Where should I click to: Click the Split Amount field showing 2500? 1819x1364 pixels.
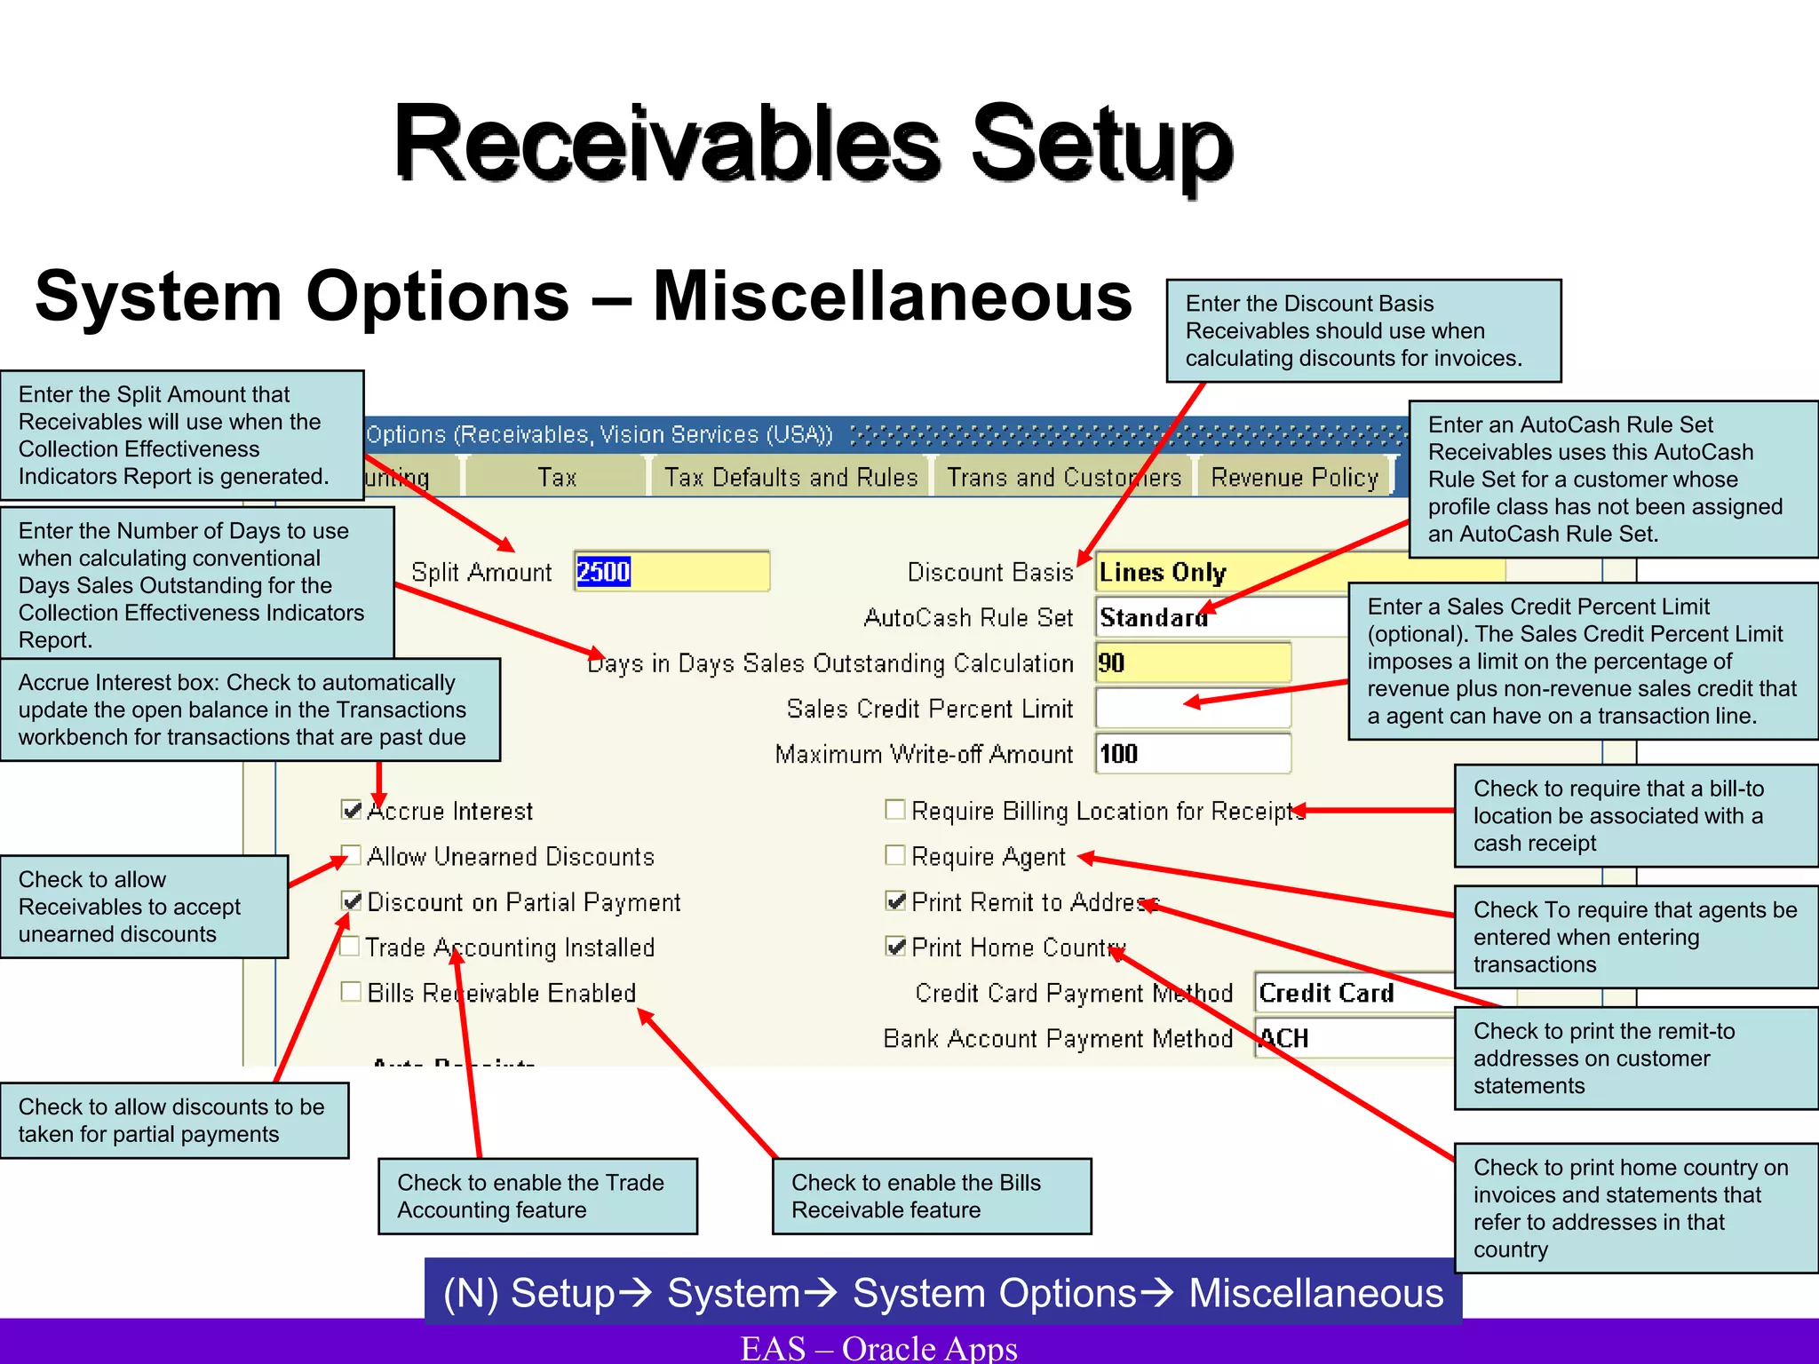(671, 571)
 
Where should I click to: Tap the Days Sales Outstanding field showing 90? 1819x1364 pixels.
(1193, 662)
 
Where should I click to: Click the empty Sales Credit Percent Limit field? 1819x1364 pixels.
(1193, 709)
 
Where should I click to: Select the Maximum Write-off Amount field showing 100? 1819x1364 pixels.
(1193, 754)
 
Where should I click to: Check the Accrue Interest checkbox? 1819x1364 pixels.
(352, 810)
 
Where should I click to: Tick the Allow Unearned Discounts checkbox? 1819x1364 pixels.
(352, 856)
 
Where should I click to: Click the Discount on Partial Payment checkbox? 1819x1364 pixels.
(352, 901)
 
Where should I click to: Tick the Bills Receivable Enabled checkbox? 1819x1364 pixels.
(352, 992)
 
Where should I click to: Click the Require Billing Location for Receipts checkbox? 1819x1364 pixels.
(895, 810)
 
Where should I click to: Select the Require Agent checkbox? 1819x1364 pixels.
(895, 855)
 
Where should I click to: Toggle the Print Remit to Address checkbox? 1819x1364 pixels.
(895, 901)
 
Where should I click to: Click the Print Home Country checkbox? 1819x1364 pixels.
(895, 947)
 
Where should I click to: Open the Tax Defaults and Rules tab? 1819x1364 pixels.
(790, 478)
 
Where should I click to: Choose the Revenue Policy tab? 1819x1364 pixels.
(1294, 478)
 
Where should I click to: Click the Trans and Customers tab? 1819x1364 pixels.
(1063, 478)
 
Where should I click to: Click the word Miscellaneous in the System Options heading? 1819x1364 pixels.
(892, 296)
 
